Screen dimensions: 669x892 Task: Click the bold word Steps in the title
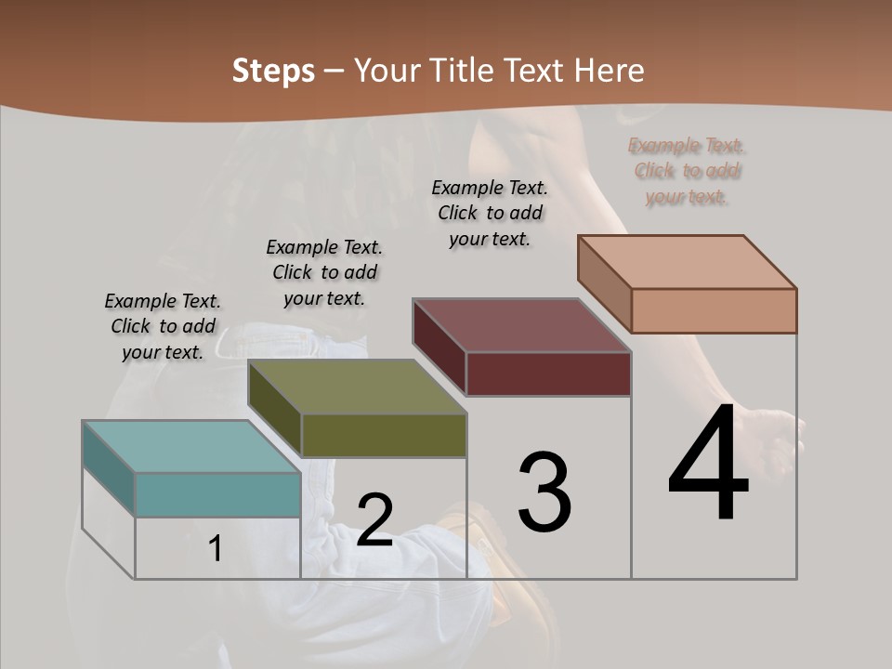click(273, 71)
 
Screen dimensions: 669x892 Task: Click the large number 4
click(708, 465)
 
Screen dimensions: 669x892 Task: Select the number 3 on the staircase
click(544, 492)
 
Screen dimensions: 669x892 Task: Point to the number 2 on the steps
click(374, 521)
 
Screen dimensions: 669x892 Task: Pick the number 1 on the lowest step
click(216, 549)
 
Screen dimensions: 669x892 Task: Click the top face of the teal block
click(190, 447)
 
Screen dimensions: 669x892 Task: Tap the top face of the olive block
click(357, 387)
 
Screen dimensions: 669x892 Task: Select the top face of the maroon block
click(521, 325)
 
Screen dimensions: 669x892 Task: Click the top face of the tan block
click(687, 262)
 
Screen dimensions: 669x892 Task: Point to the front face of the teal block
click(217, 494)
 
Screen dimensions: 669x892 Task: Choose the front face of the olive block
click(384, 436)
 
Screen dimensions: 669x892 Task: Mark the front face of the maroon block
click(548, 374)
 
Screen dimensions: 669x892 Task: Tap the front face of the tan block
click(714, 310)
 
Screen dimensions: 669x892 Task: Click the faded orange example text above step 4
click(687, 171)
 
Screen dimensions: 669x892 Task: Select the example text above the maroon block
click(490, 213)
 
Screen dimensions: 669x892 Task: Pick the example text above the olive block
click(324, 272)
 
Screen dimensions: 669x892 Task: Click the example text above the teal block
click(163, 326)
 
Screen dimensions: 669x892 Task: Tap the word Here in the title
click(610, 71)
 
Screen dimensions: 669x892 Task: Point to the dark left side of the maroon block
click(439, 347)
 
